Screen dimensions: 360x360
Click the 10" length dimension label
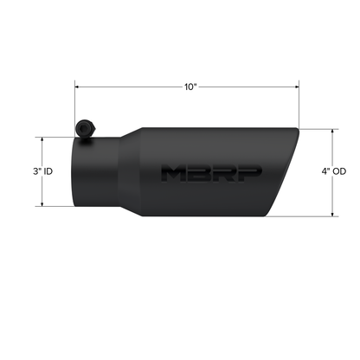click(x=190, y=87)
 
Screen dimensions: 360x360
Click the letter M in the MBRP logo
click(x=173, y=172)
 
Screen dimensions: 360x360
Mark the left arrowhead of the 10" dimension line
click(x=77, y=87)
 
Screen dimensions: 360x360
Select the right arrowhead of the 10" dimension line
click(x=299, y=87)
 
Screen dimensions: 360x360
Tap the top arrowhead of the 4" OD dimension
click(x=334, y=131)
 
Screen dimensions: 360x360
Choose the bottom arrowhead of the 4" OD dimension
click(x=334, y=214)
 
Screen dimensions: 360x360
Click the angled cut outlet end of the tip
click(x=286, y=173)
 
